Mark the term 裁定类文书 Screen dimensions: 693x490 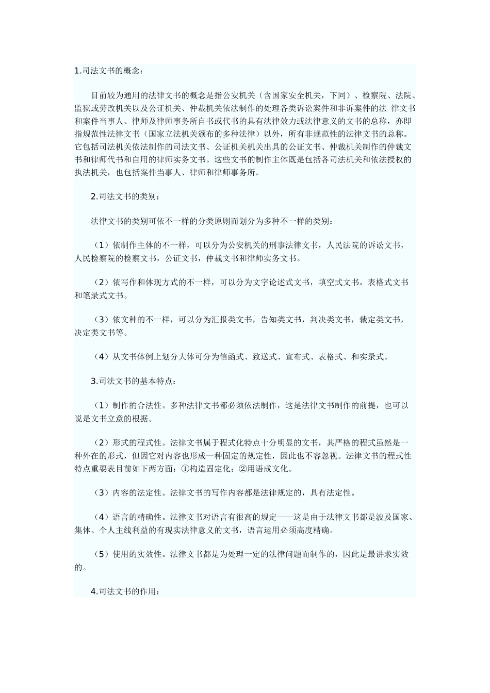[x=380, y=320]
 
